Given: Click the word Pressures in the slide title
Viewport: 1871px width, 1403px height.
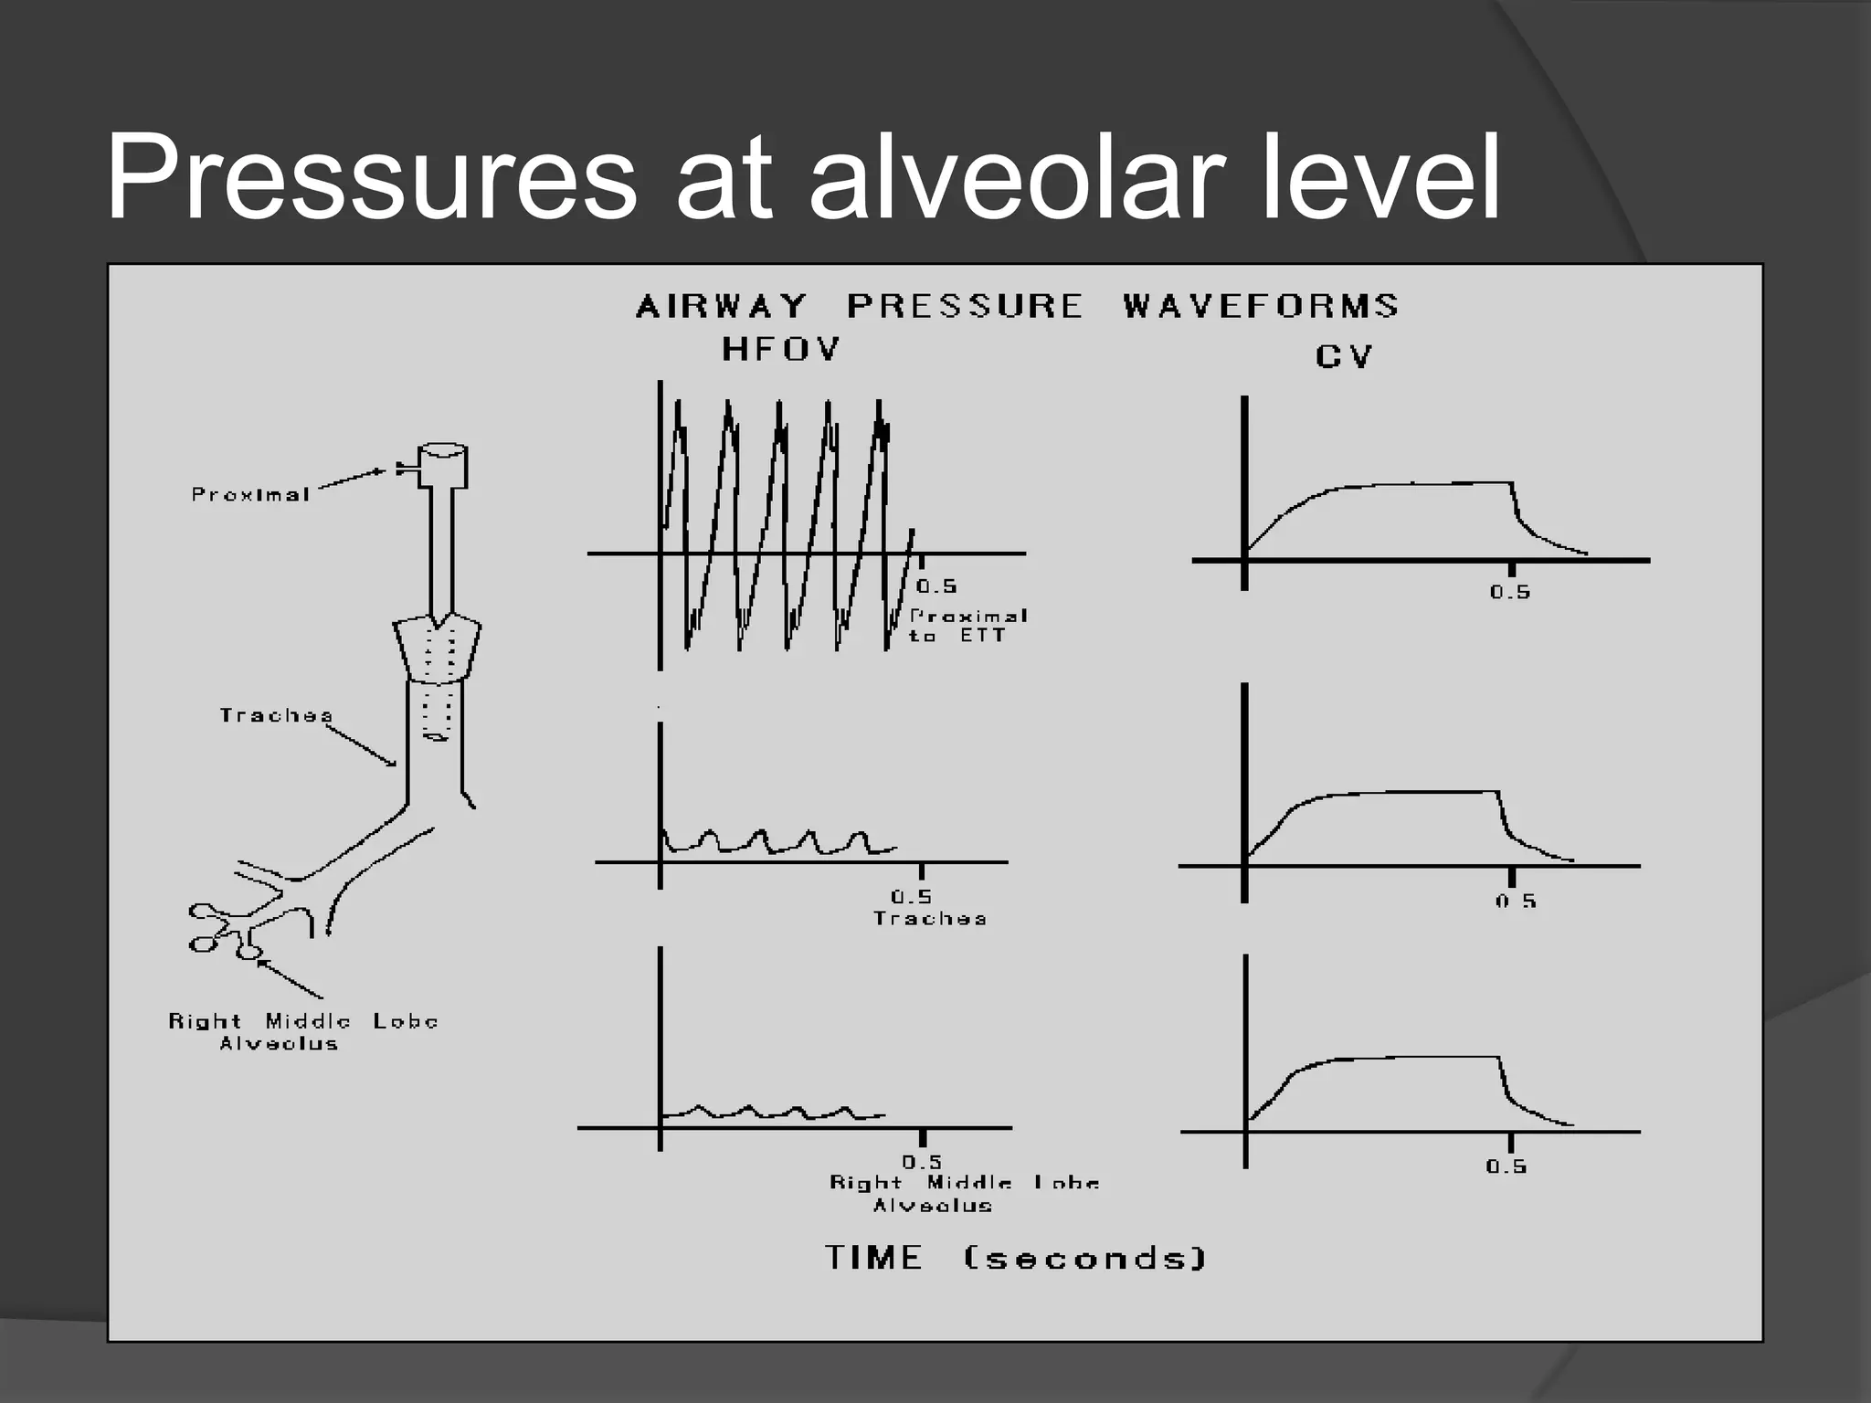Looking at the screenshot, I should pyautogui.click(x=370, y=178).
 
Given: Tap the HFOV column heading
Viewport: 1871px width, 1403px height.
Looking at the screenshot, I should pyautogui.click(x=781, y=350).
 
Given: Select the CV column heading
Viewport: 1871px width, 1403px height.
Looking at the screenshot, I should pyautogui.click(x=1344, y=355).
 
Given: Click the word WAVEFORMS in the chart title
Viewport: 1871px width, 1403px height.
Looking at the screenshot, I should pyautogui.click(x=1261, y=305).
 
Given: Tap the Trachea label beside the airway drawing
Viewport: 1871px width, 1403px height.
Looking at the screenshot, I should pyautogui.click(x=276, y=715).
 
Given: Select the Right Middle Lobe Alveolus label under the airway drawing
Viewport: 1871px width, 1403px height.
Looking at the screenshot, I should pyautogui.click(x=302, y=1032).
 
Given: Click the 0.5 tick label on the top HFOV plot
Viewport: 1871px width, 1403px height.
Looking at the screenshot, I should pyautogui.click(x=936, y=586).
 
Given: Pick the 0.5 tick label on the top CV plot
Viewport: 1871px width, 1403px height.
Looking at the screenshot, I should pyautogui.click(x=1510, y=592).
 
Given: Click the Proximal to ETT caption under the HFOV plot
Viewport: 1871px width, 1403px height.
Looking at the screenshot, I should pyautogui.click(x=967, y=626).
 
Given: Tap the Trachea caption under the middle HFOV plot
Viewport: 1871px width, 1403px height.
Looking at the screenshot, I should pyautogui.click(x=930, y=918).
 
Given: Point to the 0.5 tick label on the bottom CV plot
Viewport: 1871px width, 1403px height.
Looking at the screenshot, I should pyautogui.click(x=1506, y=1166).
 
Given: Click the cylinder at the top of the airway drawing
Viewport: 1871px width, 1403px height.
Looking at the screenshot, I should pyautogui.click(x=443, y=466).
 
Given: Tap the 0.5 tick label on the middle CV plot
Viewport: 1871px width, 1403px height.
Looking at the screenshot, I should pyautogui.click(x=1516, y=902).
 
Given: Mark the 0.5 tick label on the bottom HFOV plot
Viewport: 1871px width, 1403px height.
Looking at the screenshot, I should pyautogui.click(x=922, y=1162).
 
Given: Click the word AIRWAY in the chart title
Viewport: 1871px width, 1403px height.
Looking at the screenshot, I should pyautogui.click(x=722, y=305).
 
